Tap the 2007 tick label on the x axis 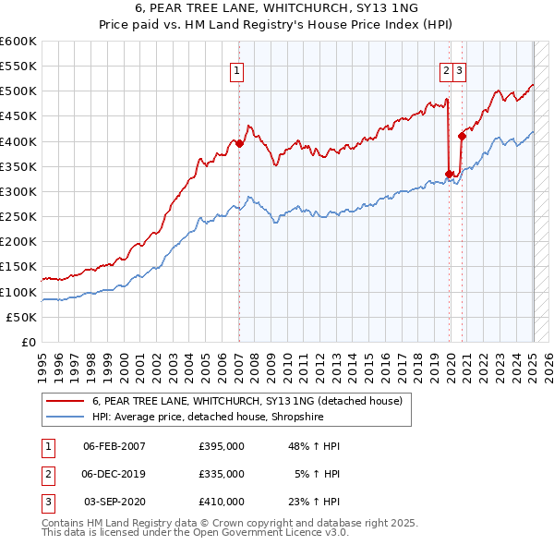pyautogui.click(x=239, y=360)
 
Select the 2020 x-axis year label pyautogui.click(x=452, y=360)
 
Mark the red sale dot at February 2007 pyautogui.click(x=239, y=143)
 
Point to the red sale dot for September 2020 pyautogui.click(x=462, y=136)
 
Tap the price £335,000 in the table pyautogui.click(x=222, y=474)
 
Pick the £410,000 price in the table pyautogui.click(x=222, y=502)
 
